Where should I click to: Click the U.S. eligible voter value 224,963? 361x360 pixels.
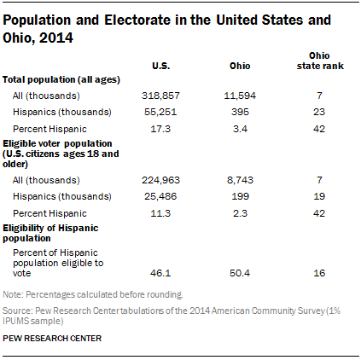pyautogui.click(x=160, y=180)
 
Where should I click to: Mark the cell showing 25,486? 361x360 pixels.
pyautogui.click(x=160, y=196)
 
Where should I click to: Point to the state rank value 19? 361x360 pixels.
pyautogui.click(x=319, y=196)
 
